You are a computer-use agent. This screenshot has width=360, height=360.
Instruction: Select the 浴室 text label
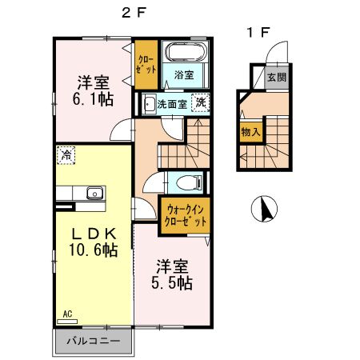point(185,75)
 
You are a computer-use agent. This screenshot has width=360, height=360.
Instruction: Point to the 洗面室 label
point(172,103)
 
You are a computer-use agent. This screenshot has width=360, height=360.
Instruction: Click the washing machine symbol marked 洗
point(202,102)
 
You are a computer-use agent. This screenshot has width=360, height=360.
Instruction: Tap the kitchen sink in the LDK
point(94,193)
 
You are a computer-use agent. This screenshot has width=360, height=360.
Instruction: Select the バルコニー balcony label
point(94,341)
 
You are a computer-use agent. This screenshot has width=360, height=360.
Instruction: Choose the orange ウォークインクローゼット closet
point(185,215)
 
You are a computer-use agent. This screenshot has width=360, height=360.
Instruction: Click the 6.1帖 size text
point(94,100)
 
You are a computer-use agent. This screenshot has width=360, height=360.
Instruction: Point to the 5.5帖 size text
point(173,282)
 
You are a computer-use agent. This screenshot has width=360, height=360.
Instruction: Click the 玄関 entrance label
point(276,78)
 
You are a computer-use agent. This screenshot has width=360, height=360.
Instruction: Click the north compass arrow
point(262,210)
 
